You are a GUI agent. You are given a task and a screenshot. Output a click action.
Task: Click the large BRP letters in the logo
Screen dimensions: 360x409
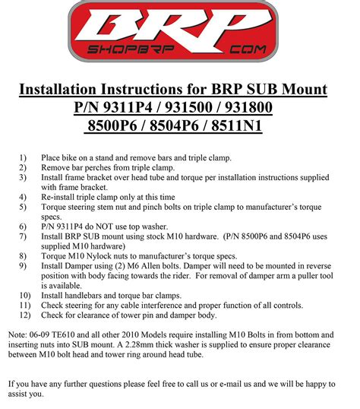click(179, 30)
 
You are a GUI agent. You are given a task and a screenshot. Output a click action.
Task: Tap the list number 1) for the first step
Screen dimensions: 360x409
click(24, 158)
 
